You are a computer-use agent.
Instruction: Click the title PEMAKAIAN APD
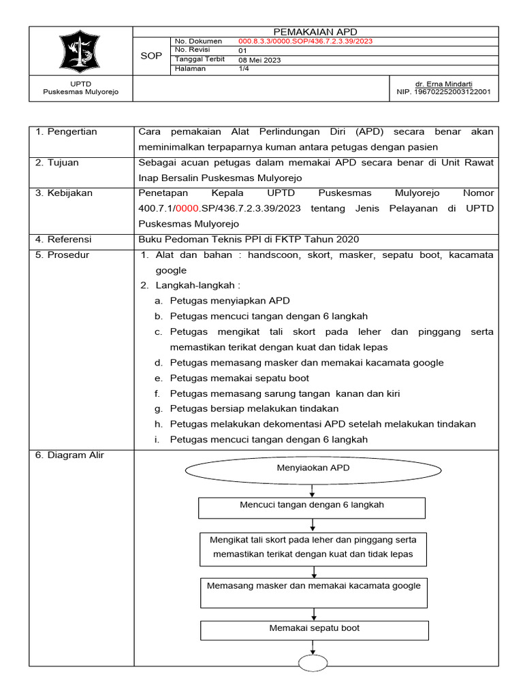pyautogui.click(x=315, y=31)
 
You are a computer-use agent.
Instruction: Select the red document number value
pyautogui.click(x=305, y=41)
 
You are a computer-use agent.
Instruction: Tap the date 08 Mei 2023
pyautogui.click(x=259, y=60)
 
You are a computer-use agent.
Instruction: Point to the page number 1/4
pyautogui.click(x=244, y=69)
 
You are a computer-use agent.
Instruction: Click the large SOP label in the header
pyautogui.click(x=150, y=55)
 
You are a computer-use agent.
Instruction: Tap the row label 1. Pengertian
pyautogui.click(x=66, y=131)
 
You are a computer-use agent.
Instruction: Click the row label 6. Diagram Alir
pyautogui.click(x=69, y=455)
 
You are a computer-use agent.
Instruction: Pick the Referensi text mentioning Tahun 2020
pyautogui.click(x=248, y=239)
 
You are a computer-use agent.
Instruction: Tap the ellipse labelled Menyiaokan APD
pyautogui.click(x=313, y=469)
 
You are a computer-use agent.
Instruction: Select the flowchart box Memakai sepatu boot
pyautogui.click(x=314, y=630)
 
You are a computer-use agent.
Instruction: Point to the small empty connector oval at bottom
pyautogui.click(x=314, y=664)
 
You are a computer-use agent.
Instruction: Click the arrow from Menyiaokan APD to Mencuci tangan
pyautogui.click(x=313, y=490)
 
